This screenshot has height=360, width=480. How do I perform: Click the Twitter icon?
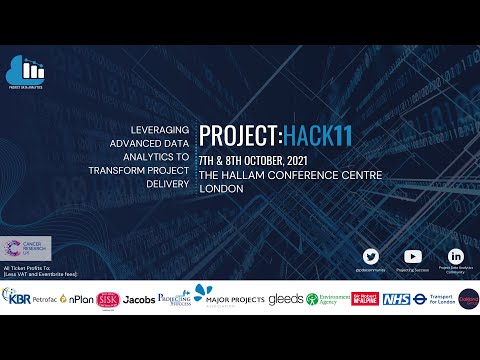click(x=371, y=257)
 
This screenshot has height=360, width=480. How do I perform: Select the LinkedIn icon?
click(x=456, y=257)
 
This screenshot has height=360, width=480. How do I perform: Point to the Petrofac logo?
click(x=45, y=299)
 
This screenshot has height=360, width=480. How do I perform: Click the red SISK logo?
click(x=108, y=298)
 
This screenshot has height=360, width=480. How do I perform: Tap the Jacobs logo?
click(x=139, y=299)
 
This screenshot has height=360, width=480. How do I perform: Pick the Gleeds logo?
click(x=285, y=299)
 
